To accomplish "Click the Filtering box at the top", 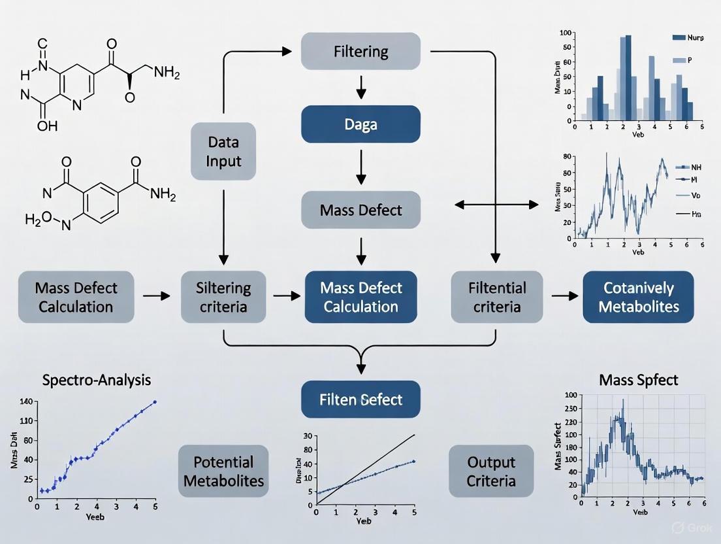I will [x=360, y=52].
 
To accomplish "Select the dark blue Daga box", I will [x=360, y=124].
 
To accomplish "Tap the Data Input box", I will [x=223, y=152].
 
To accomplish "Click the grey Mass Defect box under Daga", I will [x=360, y=210].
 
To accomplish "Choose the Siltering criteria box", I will [x=223, y=297].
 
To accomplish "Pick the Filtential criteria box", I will [x=497, y=297].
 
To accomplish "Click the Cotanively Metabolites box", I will [x=637, y=297].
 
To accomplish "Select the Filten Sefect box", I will [x=360, y=400].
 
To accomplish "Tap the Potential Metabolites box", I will [x=223, y=471].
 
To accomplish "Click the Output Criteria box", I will [x=491, y=471].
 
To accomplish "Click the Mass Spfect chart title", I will [x=638, y=379].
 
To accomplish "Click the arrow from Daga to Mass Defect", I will [x=360, y=169].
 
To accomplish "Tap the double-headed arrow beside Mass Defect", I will [x=496, y=205].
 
